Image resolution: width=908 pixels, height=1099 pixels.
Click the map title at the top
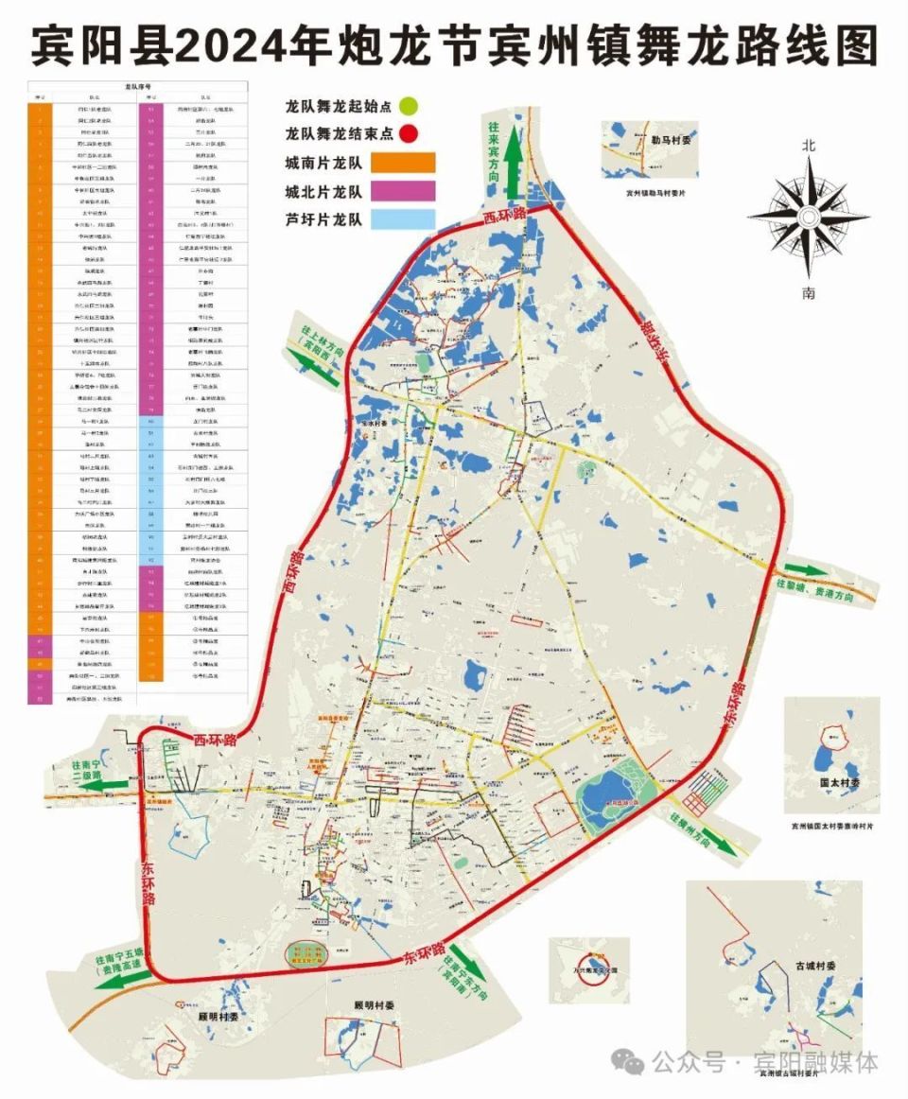point(454,44)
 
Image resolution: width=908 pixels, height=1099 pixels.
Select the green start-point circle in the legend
point(408,105)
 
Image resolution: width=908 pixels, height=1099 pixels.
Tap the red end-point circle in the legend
point(408,133)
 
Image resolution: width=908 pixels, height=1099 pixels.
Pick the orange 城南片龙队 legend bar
point(402,162)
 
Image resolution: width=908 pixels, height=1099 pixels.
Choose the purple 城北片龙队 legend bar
point(402,191)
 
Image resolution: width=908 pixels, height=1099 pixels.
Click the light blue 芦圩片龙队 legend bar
point(402,219)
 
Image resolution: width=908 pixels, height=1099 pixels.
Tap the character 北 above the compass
point(808,148)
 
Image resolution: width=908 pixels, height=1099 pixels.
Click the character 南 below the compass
point(808,293)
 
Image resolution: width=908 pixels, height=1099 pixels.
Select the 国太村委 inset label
point(839,784)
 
